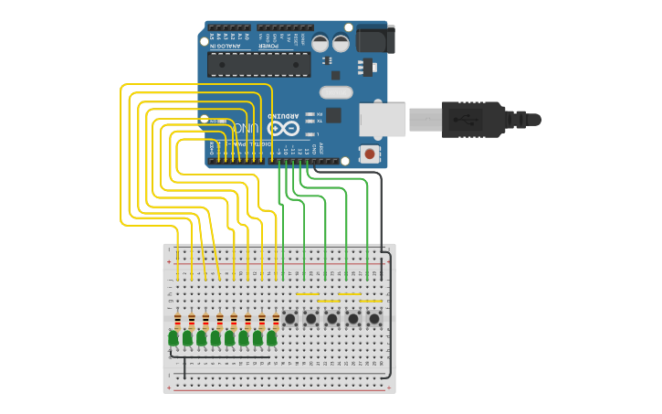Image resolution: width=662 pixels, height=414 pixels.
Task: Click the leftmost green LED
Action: pyautogui.click(x=173, y=339)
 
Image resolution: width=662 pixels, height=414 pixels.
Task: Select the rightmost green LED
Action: pyautogui.click(x=271, y=339)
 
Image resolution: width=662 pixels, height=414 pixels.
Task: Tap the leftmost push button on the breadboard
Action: pyautogui.click(x=290, y=319)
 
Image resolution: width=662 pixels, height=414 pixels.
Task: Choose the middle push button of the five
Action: pyautogui.click(x=332, y=319)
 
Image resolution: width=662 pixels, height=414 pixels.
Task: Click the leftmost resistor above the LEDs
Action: pyautogui.click(x=177, y=321)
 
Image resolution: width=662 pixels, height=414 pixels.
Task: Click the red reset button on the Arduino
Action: pyautogui.click(x=369, y=154)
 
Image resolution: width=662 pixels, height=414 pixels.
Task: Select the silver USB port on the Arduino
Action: pyautogui.click(x=382, y=119)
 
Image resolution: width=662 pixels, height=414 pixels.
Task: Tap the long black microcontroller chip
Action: pyautogui.click(x=258, y=64)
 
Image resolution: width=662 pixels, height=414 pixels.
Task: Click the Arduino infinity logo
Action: pyautogui.click(x=283, y=128)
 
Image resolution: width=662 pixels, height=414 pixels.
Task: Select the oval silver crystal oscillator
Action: pyautogui.click(x=336, y=92)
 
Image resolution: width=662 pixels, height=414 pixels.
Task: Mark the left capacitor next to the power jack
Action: pyautogui.click(x=320, y=43)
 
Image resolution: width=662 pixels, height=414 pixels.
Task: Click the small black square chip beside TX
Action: pyautogui.click(x=334, y=115)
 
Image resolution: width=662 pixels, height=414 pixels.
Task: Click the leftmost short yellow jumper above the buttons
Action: pyautogui.click(x=308, y=294)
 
